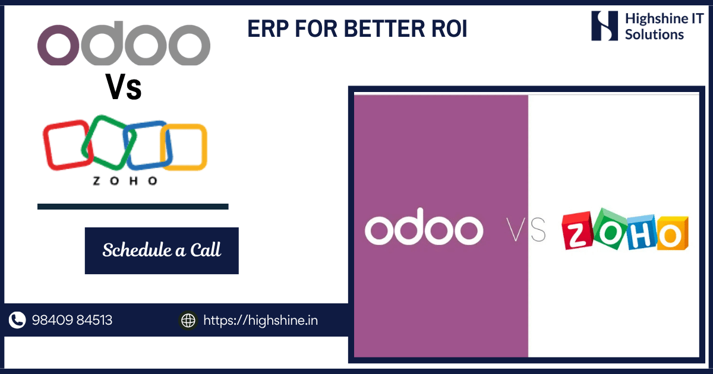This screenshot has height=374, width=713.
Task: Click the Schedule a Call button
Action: pyautogui.click(x=162, y=251)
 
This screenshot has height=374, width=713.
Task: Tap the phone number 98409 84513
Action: pyautogui.click(x=72, y=320)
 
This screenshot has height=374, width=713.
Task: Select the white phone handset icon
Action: pyautogui.click(x=17, y=320)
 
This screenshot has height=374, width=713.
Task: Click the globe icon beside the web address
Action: pyautogui.click(x=188, y=320)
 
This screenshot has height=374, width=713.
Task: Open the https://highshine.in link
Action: pyautogui.click(x=261, y=321)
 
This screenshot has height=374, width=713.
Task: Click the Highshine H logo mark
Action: pyautogui.click(x=604, y=26)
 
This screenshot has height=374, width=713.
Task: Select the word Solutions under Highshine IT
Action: pyautogui.click(x=654, y=34)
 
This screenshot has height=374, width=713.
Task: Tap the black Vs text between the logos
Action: pyautogui.click(x=124, y=87)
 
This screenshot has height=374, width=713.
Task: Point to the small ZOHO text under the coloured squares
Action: pyautogui.click(x=125, y=181)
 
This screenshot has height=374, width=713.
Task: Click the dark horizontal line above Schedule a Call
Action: pyautogui.click(x=133, y=207)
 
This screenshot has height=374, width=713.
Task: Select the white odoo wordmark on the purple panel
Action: pyautogui.click(x=424, y=226)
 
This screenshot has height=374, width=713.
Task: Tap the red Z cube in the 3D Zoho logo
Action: pyautogui.click(x=577, y=232)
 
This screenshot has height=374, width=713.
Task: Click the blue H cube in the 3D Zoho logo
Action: pyautogui.click(x=641, y=233)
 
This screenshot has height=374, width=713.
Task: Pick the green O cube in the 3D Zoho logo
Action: pyautogui.click(x=608, y=230)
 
